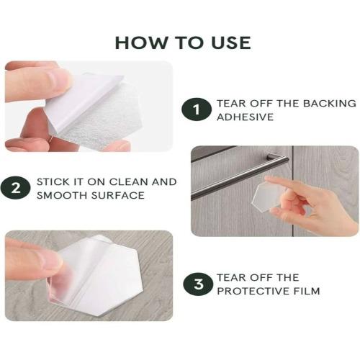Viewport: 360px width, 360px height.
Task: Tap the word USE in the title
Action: pyautogui.click(x=231, y=43)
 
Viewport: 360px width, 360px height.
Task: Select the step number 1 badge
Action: pyautogui.click(x=197, y=109)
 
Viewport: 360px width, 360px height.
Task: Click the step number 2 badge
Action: pyautogui.click(x=16, y=188)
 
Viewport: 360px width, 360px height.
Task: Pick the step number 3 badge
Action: pyautogui.click(x=198, y=284)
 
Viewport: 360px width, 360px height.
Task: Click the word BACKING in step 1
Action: pyautogui.click(x=330, y=103)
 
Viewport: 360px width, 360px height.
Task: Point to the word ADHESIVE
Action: pyautogui.click(x=245, y=117)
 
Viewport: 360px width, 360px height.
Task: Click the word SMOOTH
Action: pyautogui.click(x=62, y=195)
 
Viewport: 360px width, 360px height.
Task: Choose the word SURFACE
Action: pyautogui.click(x=118, y=195)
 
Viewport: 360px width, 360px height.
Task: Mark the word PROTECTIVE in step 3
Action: pyautogui.click(x=253, y=291)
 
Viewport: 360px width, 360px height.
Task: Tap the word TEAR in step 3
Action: pyautogui.click(x=232, y=278)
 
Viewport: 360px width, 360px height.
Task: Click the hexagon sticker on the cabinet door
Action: pyautogui.click(x=268, y=197)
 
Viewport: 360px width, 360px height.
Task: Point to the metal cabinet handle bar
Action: pyautogui.click(x=240, y=176)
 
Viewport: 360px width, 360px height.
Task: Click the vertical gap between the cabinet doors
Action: pyautogui.click(x=293, y=191)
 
